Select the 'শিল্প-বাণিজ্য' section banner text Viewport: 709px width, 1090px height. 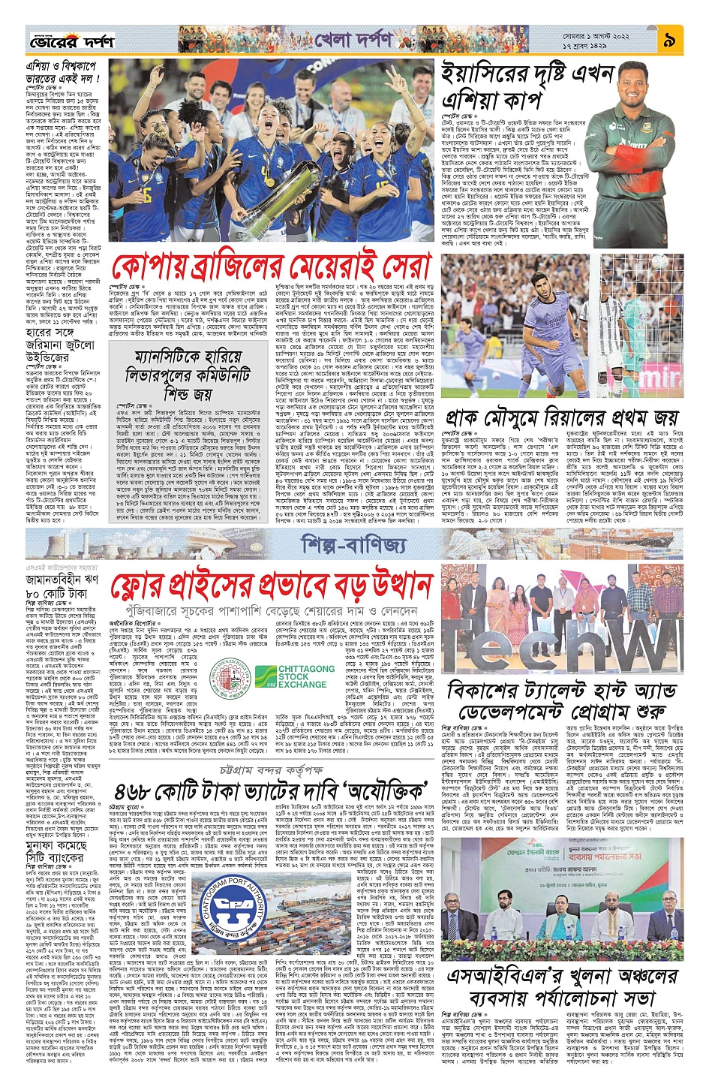[x=353, y=543]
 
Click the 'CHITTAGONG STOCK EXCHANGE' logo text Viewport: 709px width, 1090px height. [x=302, y=676]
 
